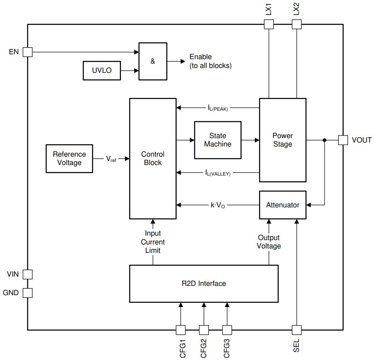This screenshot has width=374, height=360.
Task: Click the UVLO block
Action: (x=102, y=71)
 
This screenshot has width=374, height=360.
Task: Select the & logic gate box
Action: (x=153, y=61)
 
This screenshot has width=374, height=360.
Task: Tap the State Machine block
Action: (x=218, y=140)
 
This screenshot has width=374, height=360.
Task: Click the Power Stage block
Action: (x=282, y=140)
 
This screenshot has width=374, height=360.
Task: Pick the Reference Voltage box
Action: (x=69, y=158)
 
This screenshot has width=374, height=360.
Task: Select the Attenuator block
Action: (x=282, y=205)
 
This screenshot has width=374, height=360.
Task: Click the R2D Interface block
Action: (x=204, y=283)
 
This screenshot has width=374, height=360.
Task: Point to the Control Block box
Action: (x=152, y=158)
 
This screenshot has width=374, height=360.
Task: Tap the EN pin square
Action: (x=27, y=52)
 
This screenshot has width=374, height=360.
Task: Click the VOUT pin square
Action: (x=343, y=140)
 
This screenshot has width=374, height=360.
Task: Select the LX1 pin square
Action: (x=268, y=24)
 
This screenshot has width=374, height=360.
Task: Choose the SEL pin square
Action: (x=296, y=330)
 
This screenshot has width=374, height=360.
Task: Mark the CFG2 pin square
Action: (x=204, y=330)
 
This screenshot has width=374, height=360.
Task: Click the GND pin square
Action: (x=27, y=292)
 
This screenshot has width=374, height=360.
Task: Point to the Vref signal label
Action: (x=111, y=158)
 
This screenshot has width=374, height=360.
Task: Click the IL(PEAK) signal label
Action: (x=217, y=108)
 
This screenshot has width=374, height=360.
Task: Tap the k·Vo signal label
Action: (x=218, y=205)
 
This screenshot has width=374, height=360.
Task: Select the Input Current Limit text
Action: (x=152, y=242)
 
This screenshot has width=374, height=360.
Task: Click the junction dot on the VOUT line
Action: (x=325, y=140)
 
